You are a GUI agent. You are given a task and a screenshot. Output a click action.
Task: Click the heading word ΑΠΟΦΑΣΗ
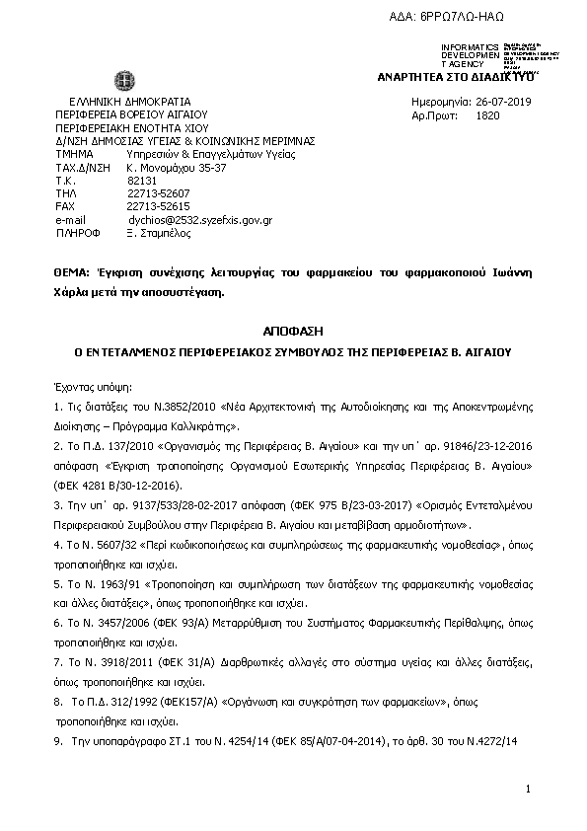pyautogui.click(x=294, y=332)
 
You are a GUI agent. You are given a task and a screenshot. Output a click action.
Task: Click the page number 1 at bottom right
pyautogui.click(x=529, y=789)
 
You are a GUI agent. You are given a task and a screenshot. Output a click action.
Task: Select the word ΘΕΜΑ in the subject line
pyautogui.click(x=69, y=271)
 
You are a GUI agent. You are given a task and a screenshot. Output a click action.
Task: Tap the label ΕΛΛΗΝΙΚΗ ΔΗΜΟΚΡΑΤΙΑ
pyautogui.click(x=130, y=102)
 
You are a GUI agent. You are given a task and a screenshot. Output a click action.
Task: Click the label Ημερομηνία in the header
pyautogui.click(x=438, y=103)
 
